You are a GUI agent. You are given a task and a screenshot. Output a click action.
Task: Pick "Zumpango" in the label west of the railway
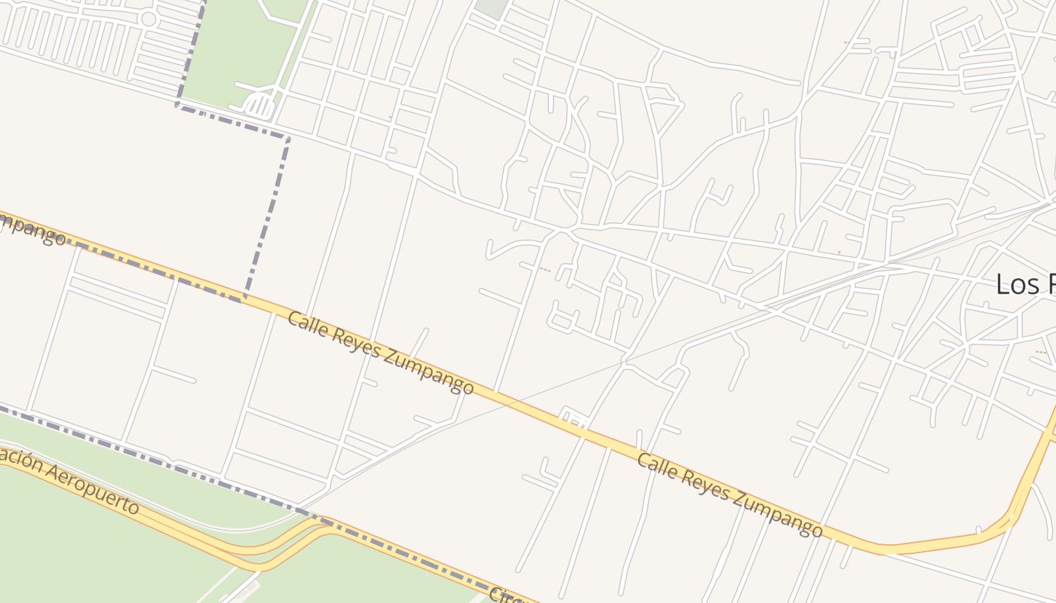click(x=428, y=369)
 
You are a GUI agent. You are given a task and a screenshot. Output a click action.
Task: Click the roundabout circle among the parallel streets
click(x=149, y=19)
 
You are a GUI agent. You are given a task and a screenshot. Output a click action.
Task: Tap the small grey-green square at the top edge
click(x=491, y=8)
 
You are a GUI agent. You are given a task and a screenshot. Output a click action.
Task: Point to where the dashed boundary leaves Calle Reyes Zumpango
click(x=244, y=297)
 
